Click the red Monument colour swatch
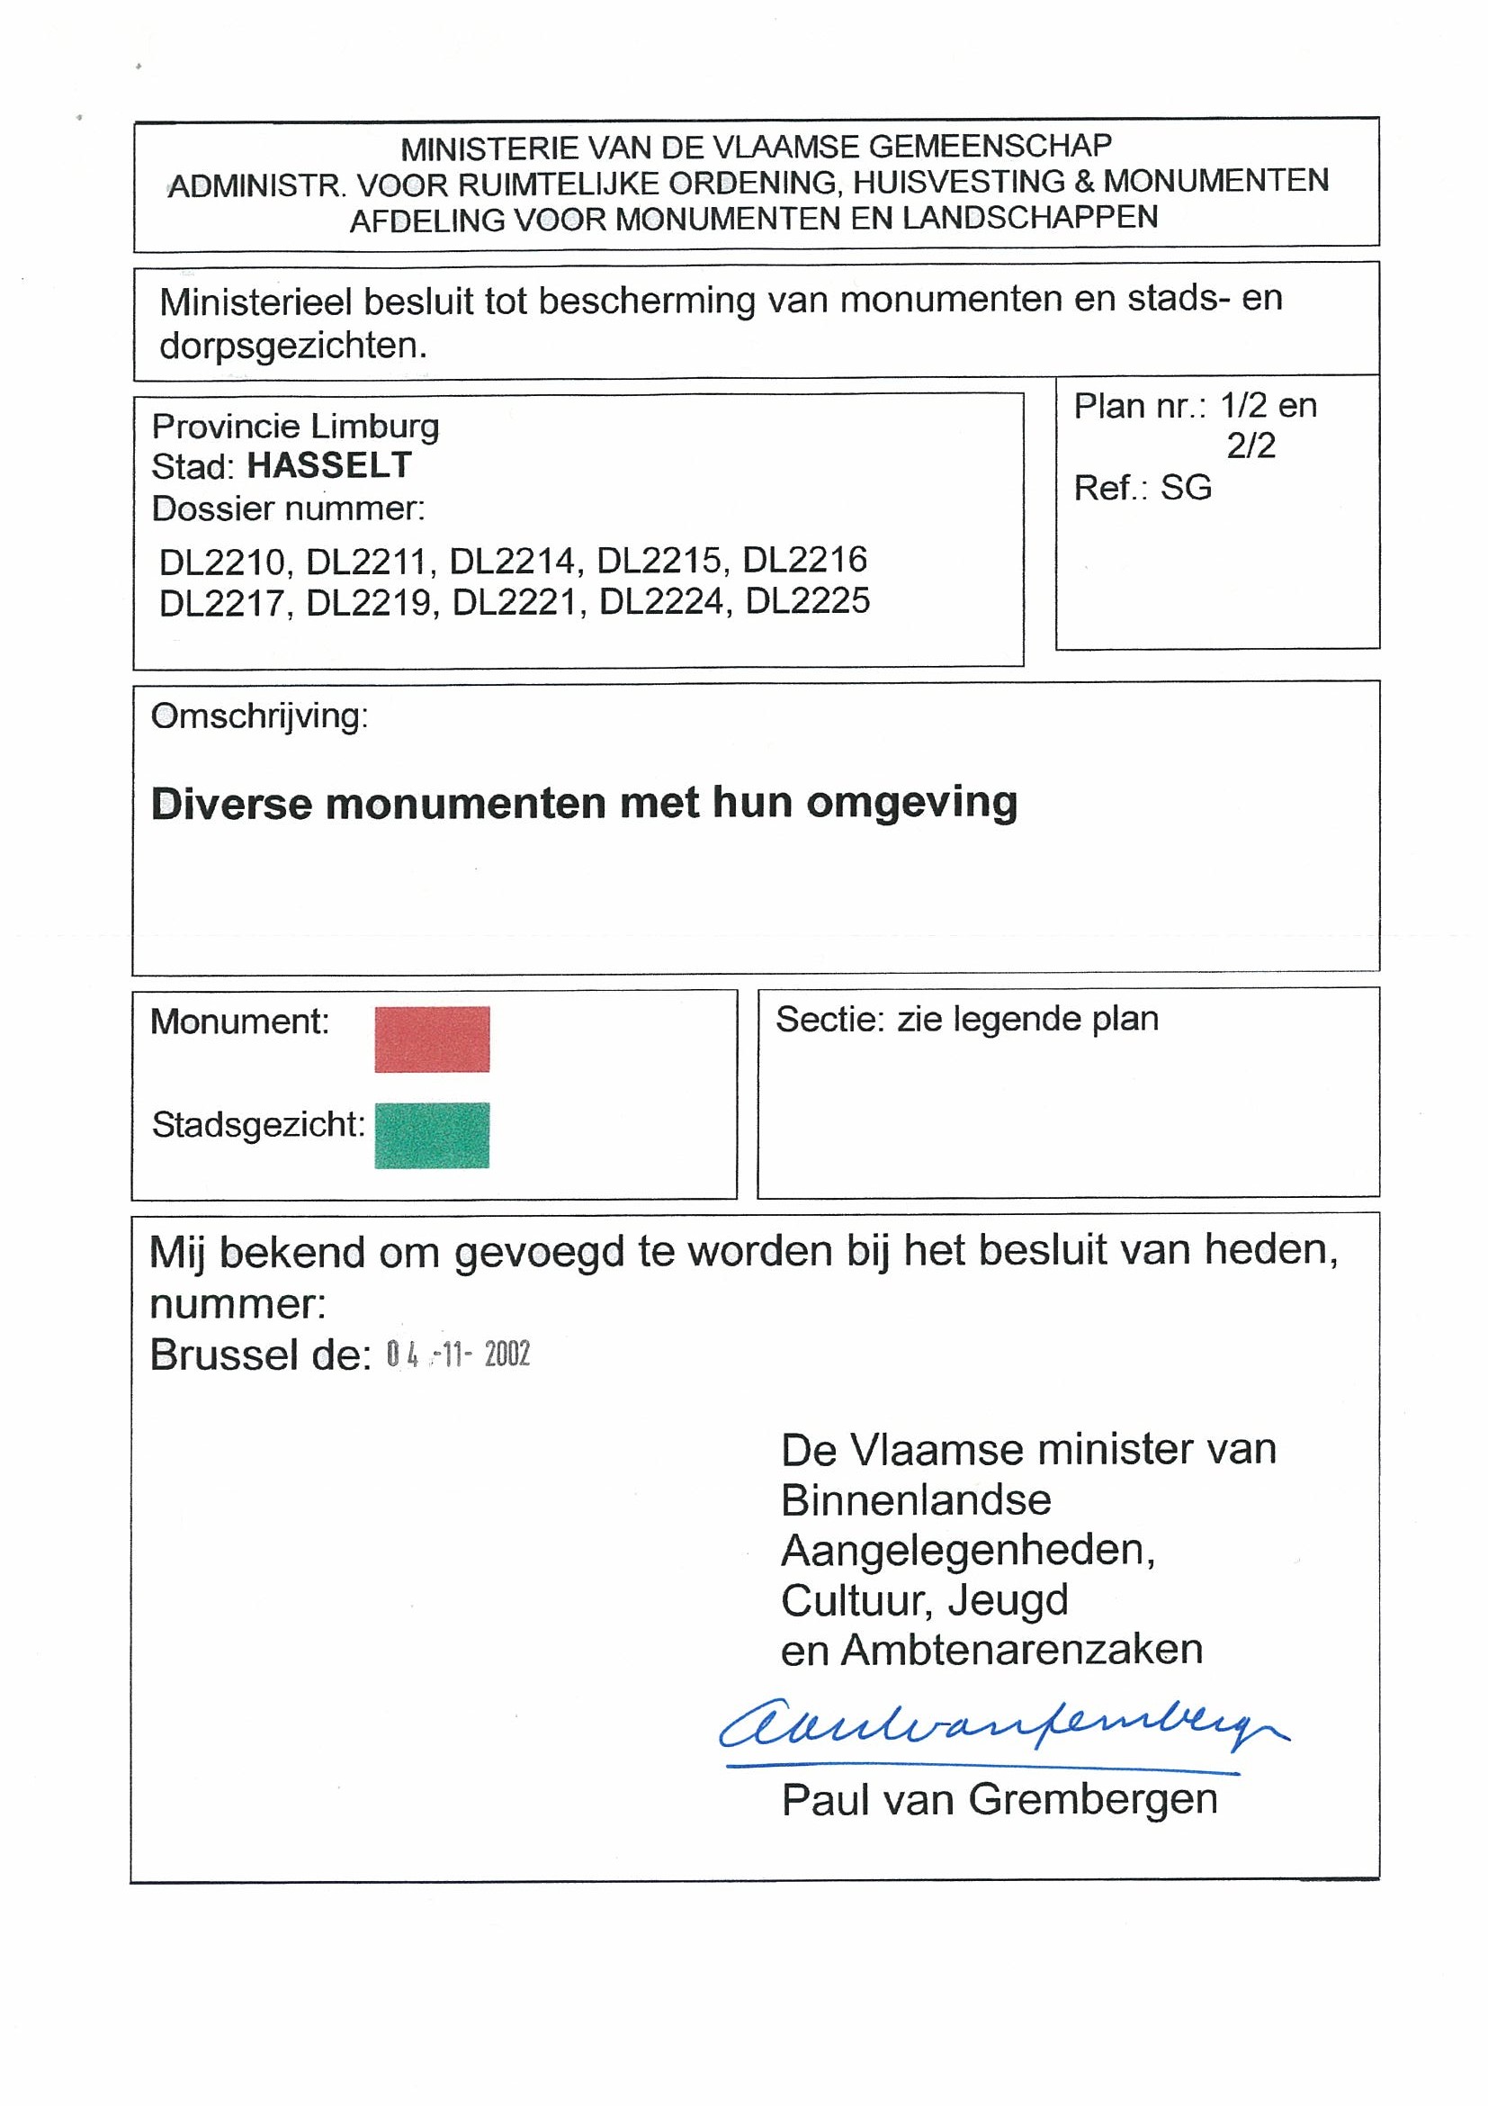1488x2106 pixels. pos(432,1039)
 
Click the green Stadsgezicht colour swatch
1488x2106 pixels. pos(432,1135)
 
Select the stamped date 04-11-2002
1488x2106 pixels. pos(458,1354)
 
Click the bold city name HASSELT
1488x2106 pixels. pos(329,466)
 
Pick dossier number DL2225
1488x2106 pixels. pos(807,602)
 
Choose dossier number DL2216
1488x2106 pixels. pos(804,560)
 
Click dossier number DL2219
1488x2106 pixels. pos(369,603)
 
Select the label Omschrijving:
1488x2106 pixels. pos(259,716)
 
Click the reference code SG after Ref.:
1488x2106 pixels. pos(1186,487)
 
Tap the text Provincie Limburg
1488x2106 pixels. pos(295,427)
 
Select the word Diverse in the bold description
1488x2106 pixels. pos(232,804)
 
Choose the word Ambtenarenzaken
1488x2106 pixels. pos(1021,1649)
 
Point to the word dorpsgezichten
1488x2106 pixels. pos(293,346)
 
